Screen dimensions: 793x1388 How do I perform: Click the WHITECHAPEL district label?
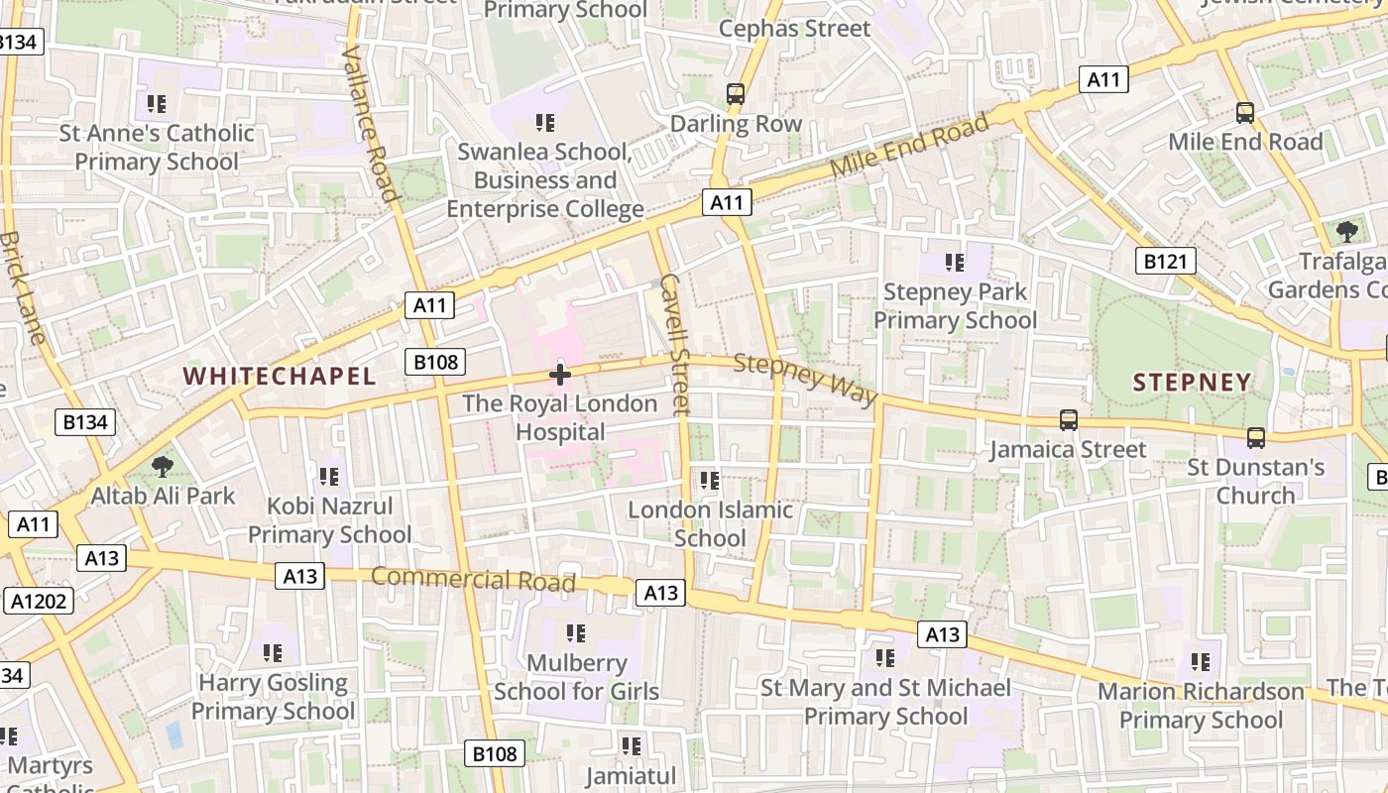pos(280,376)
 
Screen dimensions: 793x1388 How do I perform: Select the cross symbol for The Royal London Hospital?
pos(560,375)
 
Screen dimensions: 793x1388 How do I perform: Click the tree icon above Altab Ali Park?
pos(162,466)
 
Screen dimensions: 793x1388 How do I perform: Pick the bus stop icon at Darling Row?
pos(736,94)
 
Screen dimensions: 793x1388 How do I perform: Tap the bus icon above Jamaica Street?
pos(1068,420)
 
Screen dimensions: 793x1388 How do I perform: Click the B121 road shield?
pos(1165,261)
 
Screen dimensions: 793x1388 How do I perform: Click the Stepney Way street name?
pos(805,378)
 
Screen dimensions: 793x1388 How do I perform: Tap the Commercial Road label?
pos(473,578)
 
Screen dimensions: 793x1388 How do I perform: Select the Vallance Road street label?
pos(369,122)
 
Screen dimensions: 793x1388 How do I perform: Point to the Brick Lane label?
pos(23,287)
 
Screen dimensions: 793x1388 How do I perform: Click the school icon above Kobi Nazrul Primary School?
pos(329,477)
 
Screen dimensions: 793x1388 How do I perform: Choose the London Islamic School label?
pos(710,524)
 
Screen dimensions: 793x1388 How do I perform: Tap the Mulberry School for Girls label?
pos(576,677)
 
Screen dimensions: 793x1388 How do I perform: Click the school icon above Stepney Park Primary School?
pos(955,263)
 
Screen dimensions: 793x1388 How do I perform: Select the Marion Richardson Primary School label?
pos(1201,705)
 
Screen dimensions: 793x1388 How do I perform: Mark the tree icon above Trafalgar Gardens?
pos(1346,232)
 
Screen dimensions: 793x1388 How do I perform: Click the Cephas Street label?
pos(794,29)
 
